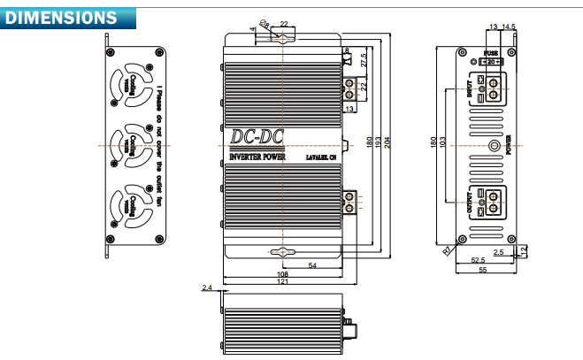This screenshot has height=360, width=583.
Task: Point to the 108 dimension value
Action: click(282, 274)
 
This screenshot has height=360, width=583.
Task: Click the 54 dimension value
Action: click(312, 265)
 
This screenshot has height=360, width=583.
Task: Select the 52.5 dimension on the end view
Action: click(478, 260)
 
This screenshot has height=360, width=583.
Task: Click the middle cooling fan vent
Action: click(132, 141)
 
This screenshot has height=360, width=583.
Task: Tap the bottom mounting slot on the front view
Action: click(281, 251)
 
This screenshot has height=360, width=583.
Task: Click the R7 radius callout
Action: click(447, 251)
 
